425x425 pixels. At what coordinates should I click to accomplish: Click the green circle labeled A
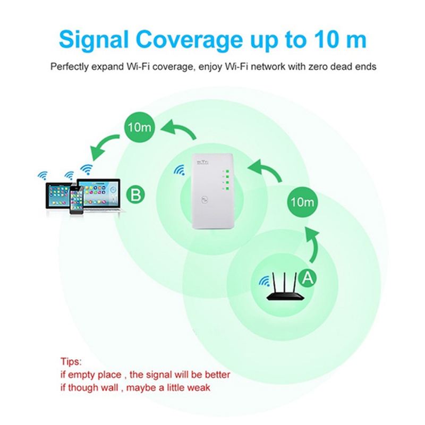(x=305, y=276)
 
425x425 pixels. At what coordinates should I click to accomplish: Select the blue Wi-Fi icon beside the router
(x=263, y=280)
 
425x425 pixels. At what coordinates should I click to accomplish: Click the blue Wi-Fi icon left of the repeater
(x=179, y=171)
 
